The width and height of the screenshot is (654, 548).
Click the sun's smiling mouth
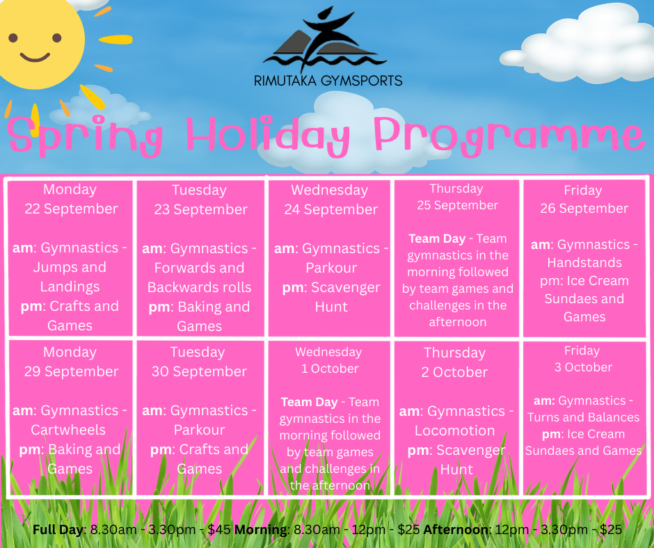pos(35,57)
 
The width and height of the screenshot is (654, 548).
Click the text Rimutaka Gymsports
pos(328,80)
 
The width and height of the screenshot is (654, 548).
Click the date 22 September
pos(72,209)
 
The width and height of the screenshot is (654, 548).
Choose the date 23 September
pos(200,209)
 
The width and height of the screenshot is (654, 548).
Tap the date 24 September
pos(331,209)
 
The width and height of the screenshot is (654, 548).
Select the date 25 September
pos(458,205)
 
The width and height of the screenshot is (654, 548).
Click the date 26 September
pos(584,208)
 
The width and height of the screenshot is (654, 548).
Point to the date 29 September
pos(72,371)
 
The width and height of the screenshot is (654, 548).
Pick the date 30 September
pos(200,371)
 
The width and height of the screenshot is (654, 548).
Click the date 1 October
pos(330,369)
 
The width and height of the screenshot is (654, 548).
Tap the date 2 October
pos(454,372)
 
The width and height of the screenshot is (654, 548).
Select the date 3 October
pos(583,367)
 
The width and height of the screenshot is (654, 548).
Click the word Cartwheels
pos(68,430)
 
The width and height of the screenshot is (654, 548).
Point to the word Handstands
pos(584,262)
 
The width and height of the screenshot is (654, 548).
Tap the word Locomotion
pos(454,430)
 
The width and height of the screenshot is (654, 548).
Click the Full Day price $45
pos(219,530)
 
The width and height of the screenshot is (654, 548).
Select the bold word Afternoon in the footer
pos(457,530)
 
